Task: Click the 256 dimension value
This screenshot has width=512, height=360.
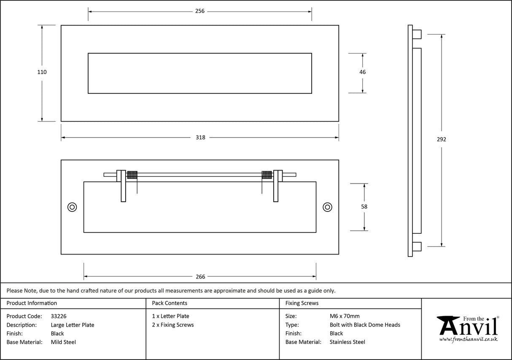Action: tap(200, 11)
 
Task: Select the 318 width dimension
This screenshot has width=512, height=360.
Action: tap(200, 137)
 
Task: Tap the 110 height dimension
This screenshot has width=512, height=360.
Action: tap(42, 72)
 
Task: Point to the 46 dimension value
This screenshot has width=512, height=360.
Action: tap(363, 72)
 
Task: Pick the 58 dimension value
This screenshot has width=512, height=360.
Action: tap(364, 207)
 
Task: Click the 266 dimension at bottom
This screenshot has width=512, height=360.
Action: tap(200, 277)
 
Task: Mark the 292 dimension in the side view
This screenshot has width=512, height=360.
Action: tap(442, 140)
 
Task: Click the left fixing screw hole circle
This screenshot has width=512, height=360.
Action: tap(72, 207)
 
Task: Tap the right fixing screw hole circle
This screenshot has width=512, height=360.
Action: tap(327, 207)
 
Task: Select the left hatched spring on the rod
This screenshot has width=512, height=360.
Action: tap(132, 175)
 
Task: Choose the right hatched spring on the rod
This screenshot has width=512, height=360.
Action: tap(267, 175)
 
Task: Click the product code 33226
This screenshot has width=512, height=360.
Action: tap(59, 316)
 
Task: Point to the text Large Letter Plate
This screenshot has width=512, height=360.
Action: tap(73, 325)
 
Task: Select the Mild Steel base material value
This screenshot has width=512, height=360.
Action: tap(63, 342)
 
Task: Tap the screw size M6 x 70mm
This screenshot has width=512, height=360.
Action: tap(345, 316)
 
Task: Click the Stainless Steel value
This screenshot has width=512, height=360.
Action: tap(348, 342)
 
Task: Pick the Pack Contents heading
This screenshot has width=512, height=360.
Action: tap(170, 303)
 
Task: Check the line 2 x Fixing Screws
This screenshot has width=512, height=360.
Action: tap(173, 325)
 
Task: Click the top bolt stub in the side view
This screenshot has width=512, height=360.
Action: tap(417, 34)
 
